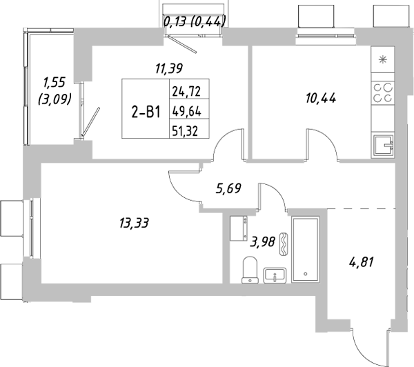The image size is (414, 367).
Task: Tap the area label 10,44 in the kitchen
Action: (x=321, y=98)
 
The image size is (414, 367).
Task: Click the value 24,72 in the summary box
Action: (x=188, y=90)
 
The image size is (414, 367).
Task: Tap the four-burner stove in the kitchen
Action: (x=383, y=92)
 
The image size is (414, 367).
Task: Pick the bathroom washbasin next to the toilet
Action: (x=275, y=275)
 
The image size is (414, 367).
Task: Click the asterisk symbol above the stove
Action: (x=383, y=59)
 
